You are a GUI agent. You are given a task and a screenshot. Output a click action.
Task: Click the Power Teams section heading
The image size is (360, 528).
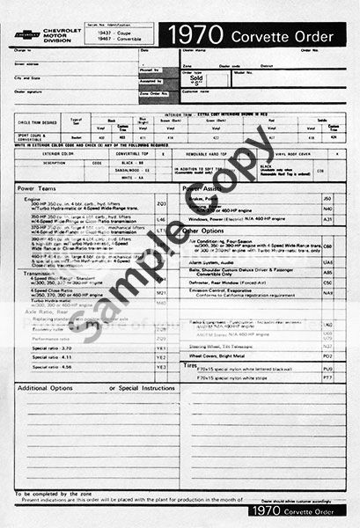click(x=39, y=188)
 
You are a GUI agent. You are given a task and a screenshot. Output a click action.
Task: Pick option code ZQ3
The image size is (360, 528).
click(x=160, y=203)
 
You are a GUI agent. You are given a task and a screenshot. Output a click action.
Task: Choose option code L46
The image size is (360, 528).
click(x=160, y=219)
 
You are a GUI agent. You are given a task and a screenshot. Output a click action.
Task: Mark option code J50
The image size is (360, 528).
click(x=327, y=199)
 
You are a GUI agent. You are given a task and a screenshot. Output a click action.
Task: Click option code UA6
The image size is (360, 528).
click(x=327, y=262)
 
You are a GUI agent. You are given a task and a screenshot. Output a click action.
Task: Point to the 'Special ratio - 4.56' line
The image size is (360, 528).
click(x=53, y=366)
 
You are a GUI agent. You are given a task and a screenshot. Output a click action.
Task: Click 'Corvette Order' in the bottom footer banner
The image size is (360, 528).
click(x=305, y=510)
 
